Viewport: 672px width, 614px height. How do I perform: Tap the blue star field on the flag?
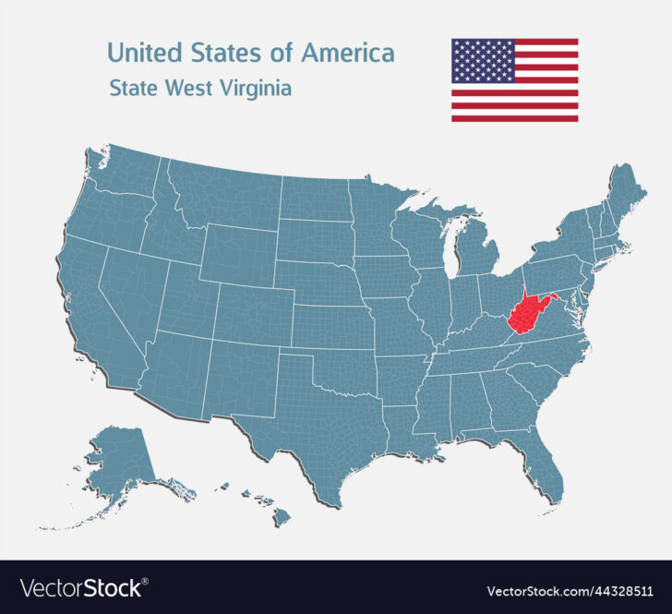[483, 61]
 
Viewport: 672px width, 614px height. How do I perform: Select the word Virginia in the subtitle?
[256, 89]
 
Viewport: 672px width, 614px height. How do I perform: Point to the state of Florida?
[546, 465]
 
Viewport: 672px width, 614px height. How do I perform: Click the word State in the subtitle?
[135, 89]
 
